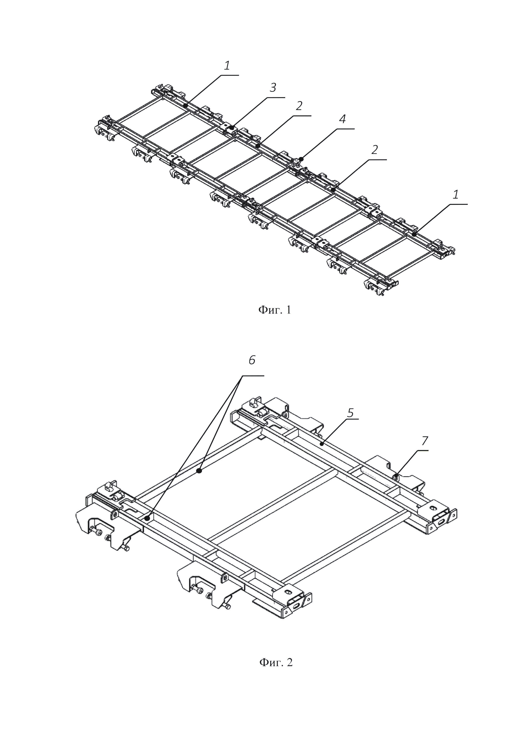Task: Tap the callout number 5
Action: pos(350,413)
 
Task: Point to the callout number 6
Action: pos(252,360)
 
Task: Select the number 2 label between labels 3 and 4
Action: pos(299,106)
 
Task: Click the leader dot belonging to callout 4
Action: pos(301,159)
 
